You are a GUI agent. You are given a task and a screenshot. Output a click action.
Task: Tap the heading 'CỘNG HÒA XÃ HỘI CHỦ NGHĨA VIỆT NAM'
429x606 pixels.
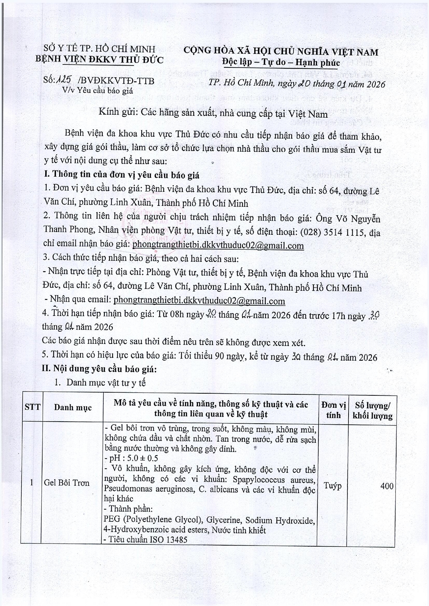(280, 52)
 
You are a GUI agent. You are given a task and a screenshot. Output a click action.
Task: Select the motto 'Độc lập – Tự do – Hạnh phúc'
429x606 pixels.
(280, 62)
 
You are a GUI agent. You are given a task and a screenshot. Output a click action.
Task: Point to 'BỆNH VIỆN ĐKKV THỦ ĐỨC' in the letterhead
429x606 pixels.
(99, 60)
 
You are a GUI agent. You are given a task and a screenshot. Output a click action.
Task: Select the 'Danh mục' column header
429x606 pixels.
(73, 407)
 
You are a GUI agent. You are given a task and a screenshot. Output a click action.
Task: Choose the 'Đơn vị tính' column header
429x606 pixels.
(333, 410)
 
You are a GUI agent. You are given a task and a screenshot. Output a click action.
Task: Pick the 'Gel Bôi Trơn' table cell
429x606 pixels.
(67, 483)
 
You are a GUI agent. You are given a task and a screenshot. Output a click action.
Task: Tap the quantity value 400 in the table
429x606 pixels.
(387, 486)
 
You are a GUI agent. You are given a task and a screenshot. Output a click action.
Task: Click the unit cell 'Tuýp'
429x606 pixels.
(333, 485)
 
